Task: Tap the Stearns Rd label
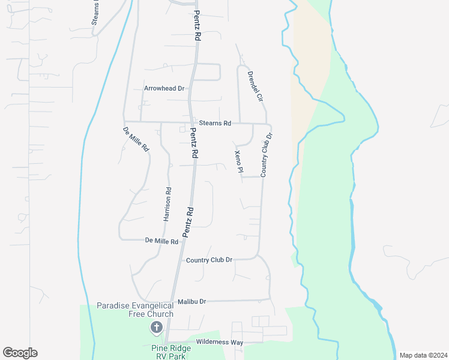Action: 215,123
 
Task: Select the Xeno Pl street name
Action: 238,163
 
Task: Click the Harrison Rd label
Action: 168,205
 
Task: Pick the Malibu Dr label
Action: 191,301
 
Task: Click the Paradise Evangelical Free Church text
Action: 135,310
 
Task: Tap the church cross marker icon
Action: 156,328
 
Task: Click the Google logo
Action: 20,353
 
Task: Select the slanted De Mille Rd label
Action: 136,139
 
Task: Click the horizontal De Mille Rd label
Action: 162,241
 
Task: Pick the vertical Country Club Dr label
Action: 266,155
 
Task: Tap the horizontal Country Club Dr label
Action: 209,260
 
